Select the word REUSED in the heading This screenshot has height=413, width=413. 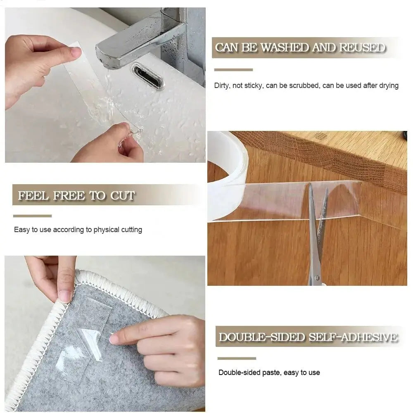(x=362, y=47)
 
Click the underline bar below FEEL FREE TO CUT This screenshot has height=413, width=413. (x=32, y=216)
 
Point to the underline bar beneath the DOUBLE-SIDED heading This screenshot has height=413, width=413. (x=237, y=358)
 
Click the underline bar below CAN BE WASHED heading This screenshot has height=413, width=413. (x=233, y=70)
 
